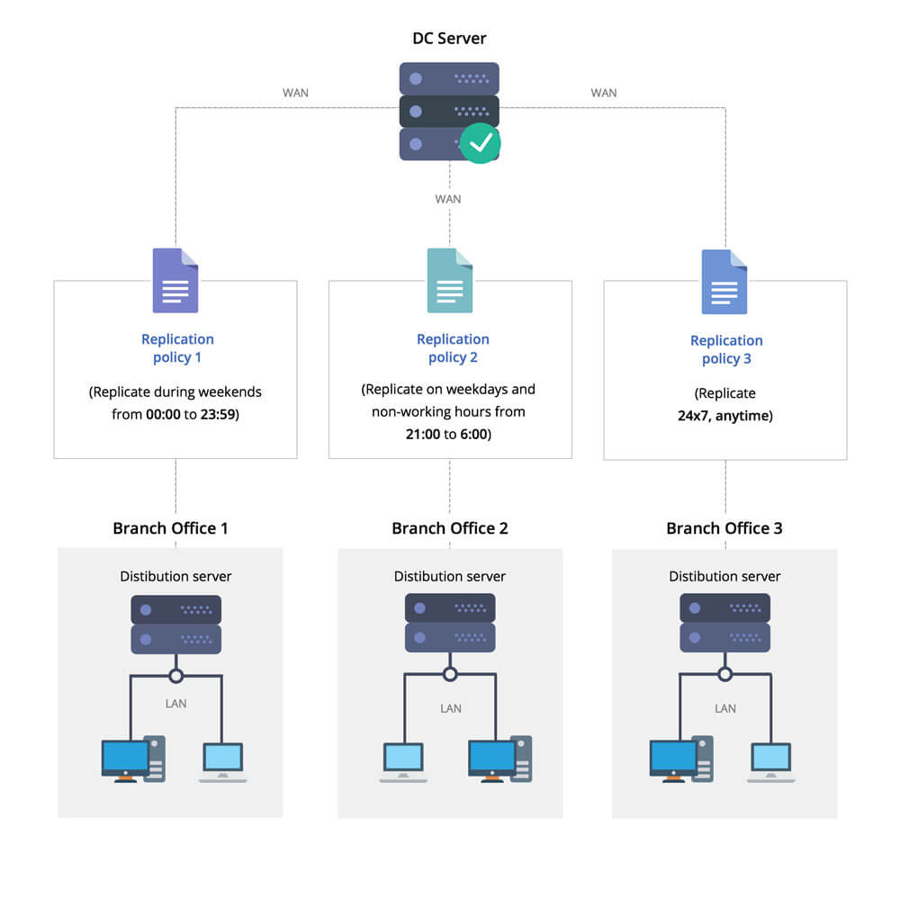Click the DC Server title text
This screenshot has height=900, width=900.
pos(449,39)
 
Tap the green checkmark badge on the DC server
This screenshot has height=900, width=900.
pos(481,142)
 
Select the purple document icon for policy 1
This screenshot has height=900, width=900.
pos(175,281)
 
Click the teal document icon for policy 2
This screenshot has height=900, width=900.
pos(450,281)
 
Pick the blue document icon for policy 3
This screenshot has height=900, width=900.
pos(724,281)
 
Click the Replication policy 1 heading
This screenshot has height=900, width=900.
pos(177,348)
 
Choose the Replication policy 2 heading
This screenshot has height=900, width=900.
pos(453,348)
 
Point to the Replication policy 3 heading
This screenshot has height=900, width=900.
pos(726,349)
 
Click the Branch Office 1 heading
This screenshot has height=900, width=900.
pos(170,528)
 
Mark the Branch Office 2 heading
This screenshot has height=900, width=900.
pos(450,528)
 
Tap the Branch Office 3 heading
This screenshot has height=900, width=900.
pos(724,528)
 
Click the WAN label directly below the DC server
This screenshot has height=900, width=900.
pos(448,199)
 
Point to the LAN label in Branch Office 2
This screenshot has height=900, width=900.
pos(451,708)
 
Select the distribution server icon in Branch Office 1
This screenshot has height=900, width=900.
pos(176,624)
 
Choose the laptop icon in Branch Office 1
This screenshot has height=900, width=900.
pos(222,761)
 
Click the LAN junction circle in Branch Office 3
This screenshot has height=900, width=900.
pos(724,673)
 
